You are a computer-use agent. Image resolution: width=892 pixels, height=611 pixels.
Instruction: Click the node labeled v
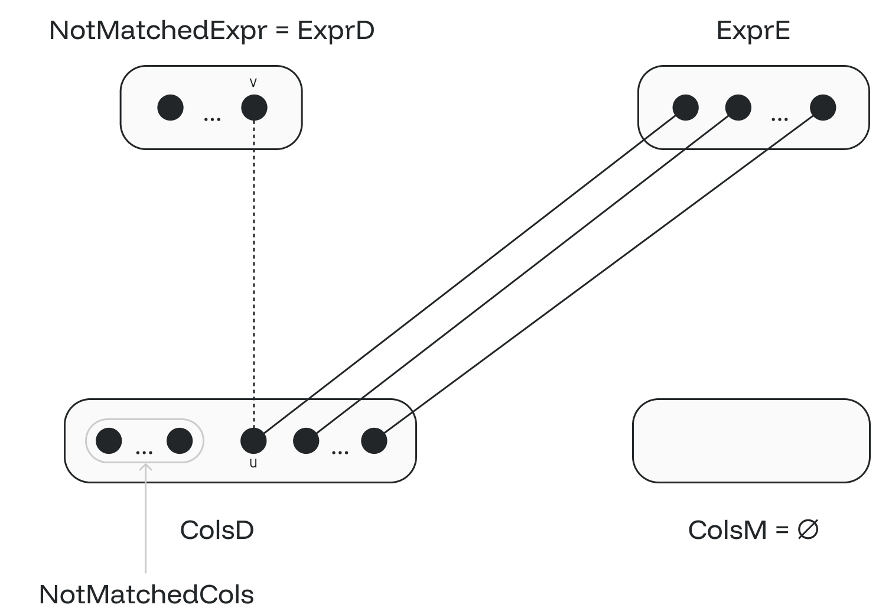254,108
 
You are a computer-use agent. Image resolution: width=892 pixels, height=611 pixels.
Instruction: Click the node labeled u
253,440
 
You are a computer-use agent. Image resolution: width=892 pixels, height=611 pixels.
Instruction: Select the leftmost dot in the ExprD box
171,108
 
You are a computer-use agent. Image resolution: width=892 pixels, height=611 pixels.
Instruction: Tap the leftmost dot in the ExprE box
686,108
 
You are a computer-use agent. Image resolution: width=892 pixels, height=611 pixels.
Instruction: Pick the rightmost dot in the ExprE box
823,108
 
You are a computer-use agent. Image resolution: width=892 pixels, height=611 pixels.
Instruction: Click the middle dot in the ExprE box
738,108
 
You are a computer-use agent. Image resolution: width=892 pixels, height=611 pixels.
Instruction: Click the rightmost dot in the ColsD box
374,440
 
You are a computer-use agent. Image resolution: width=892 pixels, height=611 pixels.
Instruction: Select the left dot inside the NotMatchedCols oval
109,440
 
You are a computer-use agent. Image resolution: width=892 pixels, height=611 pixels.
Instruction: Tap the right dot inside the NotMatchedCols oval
180,440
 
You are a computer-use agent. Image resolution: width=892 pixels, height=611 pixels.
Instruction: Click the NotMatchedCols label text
146,594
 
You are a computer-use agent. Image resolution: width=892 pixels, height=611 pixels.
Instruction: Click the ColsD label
217,530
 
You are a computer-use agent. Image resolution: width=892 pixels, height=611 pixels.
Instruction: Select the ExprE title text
753,31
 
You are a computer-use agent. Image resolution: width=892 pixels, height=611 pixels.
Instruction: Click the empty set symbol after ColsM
808,529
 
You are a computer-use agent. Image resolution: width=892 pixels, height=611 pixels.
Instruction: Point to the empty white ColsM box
751,440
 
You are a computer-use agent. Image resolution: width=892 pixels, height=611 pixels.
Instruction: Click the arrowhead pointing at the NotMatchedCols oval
145,467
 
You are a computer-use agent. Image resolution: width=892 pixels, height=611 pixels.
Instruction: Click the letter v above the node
253,83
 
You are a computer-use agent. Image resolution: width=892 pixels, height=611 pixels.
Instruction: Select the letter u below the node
253,463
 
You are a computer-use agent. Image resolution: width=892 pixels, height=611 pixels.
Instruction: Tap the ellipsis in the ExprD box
212,119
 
